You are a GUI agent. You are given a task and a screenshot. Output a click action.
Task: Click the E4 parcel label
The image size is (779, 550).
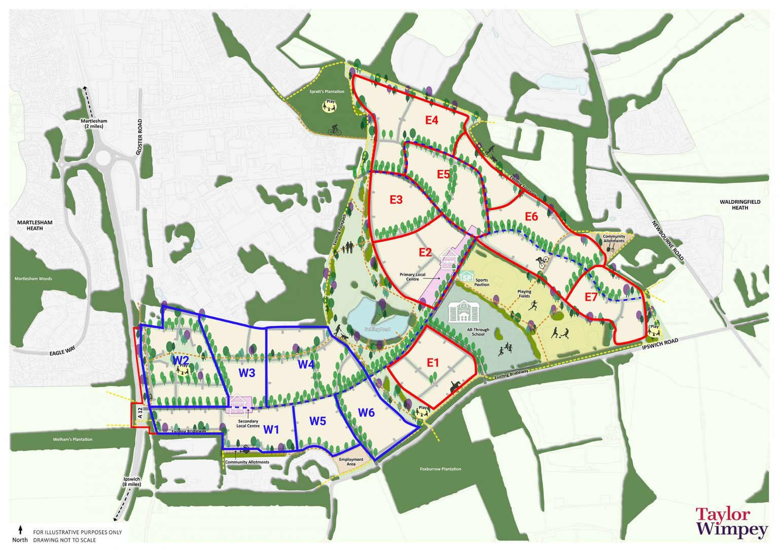pyautogui.click(x=432, y=121)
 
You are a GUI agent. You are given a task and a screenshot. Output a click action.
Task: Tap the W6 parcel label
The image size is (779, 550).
pyautogui.click(x=366, y=413)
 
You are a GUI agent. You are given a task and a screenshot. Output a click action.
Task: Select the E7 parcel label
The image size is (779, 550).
pyautogui.click(x=591, y=297)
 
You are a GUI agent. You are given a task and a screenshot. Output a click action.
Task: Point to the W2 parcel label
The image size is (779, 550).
pyautogui.click(x=181, y=360)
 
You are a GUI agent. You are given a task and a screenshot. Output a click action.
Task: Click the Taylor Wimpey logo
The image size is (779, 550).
pyautogui.click(x=731, y=522)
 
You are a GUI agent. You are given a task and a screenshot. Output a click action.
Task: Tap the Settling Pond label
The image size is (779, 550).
pyautogui.click(x=377, y=329)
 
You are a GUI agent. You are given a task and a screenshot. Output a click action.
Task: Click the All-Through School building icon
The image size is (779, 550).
pyautogui.click(x=464, y=311)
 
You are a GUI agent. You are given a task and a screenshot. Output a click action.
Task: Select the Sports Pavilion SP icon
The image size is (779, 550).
pyautogui.click(x=466, y=277)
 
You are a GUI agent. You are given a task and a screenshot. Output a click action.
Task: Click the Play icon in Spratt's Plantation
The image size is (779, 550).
pyautogui.click(x=331, y=105)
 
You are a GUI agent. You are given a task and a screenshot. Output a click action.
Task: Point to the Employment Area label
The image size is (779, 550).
pyautogui.click(x=351, y=462)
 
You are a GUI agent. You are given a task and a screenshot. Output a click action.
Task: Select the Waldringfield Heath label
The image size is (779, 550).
pyautogui.click(x=740, y=205)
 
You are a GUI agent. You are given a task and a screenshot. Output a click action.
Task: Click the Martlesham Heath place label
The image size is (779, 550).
pyautogui.click(x=35, y=225)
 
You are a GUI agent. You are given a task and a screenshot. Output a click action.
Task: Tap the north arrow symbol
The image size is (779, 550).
pyautogui.click(x=20, y=530)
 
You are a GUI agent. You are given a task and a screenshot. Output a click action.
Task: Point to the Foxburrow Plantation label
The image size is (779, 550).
pyautogui.click(x=440, y=469)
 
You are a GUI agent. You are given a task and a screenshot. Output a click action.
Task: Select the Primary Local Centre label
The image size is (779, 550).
pyautogui.click(x=412, y=277)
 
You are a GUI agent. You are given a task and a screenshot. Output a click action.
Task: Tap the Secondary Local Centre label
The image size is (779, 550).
pyautogui.click(x=248, y=423)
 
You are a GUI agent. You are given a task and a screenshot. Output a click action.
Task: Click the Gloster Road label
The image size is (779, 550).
pyautogui.click(x=139, y=137)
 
